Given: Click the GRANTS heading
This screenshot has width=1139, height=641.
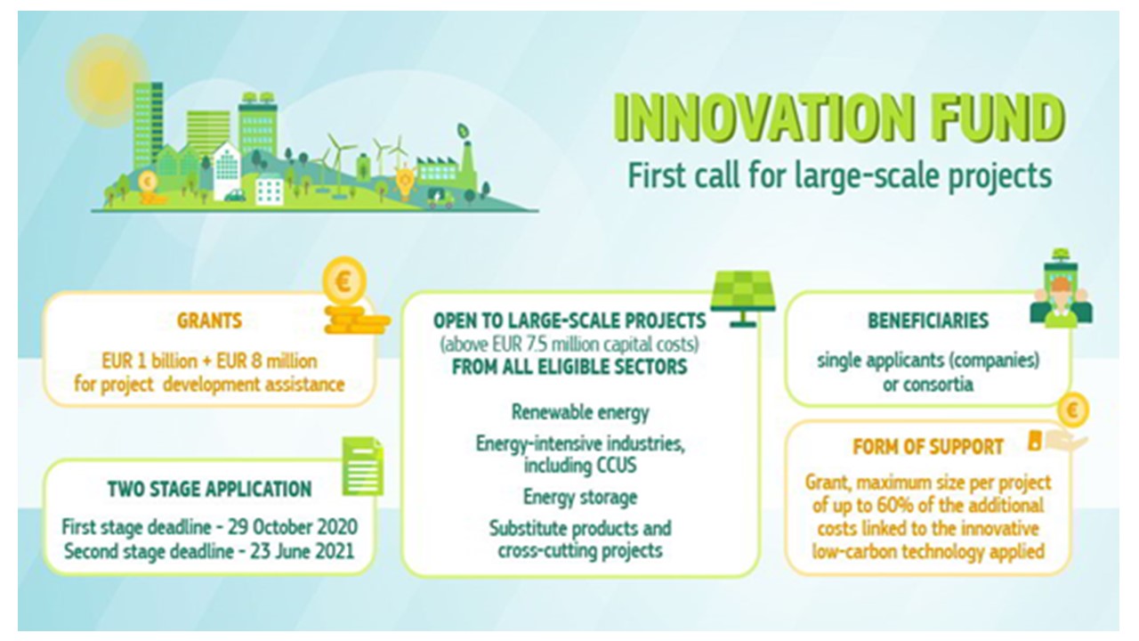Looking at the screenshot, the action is [x=209, y=321].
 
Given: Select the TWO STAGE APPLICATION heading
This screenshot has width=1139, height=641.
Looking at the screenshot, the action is [x=209, y=490].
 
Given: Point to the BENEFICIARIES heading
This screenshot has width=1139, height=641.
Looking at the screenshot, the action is [x=928, y=320].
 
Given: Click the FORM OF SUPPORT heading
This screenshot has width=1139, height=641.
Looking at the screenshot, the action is [x=928, y=447].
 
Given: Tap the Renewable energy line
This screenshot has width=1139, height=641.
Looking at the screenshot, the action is [x=580, y=412].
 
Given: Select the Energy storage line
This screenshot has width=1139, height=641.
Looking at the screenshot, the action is [x=580, y=497].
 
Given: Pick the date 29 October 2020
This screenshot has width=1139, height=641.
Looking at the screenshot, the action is [x=293, y=527].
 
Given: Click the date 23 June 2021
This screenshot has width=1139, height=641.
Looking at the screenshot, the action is [x=302, y=551].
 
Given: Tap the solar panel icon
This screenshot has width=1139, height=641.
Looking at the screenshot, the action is [x=742, y=298].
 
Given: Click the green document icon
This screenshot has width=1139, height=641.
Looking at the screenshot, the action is [x=362, y=466].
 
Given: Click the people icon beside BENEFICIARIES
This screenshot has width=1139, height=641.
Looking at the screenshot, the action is [x=1061, y=289].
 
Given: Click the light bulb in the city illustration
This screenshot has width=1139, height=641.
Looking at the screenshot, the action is [x=405, y=183].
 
